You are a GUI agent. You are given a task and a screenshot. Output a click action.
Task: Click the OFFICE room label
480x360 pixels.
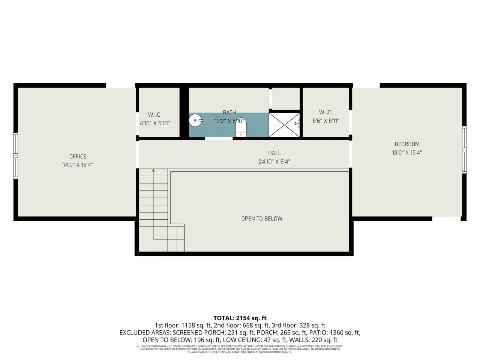(x=78, y=156)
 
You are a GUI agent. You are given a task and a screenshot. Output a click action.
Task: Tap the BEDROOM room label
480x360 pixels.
(x=407, y=144)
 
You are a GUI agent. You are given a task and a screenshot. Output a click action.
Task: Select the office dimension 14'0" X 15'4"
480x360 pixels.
(x=78, y=165)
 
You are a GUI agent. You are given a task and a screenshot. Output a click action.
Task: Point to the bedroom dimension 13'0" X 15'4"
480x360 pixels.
(x=407, y=153)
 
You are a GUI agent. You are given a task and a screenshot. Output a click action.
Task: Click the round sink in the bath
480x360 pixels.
(x=195, y=121)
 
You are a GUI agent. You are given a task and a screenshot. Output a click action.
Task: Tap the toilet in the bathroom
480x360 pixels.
(x=241, y=128)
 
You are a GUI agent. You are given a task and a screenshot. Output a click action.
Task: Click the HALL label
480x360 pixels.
(x=274, y=153)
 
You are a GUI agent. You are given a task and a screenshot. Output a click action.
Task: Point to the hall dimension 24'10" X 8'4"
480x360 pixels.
(x=274, y=162)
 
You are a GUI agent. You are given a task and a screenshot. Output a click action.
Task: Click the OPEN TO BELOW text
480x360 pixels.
(x=262, y=219)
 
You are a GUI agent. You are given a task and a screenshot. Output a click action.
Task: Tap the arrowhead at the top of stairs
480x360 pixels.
(x=153, y=171)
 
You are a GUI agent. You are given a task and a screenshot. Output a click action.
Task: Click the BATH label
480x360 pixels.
(x=229, y=112)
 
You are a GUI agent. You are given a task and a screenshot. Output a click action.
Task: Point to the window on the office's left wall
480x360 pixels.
(x=16, y=155)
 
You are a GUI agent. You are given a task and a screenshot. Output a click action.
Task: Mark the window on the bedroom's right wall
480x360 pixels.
(x=464, y=150)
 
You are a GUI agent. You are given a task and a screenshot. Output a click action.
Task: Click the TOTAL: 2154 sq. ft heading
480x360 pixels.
(x=240, y=318)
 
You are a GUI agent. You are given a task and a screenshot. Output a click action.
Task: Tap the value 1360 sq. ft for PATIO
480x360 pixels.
(x=345, y=333)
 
